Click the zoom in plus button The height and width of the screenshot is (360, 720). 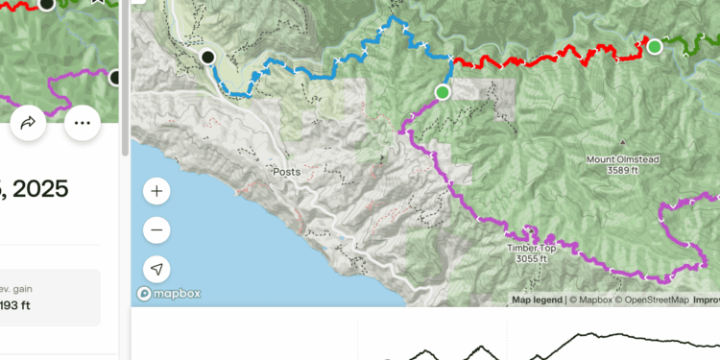156,191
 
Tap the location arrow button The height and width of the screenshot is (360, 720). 156,270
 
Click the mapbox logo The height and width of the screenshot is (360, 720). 169,294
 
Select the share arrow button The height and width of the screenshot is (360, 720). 28,123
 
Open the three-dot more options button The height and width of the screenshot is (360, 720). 83,123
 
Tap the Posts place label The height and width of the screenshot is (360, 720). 286,172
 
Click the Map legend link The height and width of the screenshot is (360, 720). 537,300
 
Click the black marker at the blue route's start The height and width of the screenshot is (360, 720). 207,58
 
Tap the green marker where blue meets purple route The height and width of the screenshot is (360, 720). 442,92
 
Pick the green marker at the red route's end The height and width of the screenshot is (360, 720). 655,46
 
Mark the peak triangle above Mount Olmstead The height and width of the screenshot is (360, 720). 625,145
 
